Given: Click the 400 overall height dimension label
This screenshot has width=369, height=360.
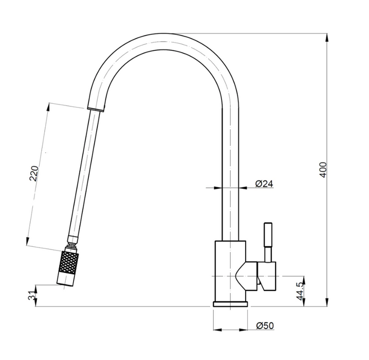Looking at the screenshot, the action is click(x=323, y=170).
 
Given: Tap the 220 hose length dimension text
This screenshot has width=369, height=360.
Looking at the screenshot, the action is click(x=33, y=173).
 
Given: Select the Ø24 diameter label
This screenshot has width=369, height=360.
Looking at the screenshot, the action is click(x=265, y=184).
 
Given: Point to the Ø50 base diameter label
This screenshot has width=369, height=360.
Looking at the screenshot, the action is click(x=265, y=326).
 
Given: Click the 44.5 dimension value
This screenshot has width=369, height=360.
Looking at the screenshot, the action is click(x=300, y=291).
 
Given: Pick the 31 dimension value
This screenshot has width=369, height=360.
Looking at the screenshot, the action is click(x=32, y=296).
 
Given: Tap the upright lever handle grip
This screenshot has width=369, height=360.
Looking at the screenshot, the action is click(x=268, y=235).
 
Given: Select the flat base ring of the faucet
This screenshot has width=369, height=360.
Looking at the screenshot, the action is click(x=230, y=304).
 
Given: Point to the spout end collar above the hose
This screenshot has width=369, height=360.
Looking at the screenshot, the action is click(x=96, y=109).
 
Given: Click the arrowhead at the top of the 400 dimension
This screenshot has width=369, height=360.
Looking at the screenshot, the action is click(x=327, y=38).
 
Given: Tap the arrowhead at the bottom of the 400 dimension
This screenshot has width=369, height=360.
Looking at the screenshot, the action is click(x=327, y=302).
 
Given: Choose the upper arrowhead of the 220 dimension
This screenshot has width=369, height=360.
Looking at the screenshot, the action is click(x=48, y=107).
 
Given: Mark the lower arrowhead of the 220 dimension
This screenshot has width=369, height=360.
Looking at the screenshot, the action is click(x=28, y=242).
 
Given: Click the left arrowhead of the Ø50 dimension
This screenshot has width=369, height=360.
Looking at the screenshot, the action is click(x=217, y=330).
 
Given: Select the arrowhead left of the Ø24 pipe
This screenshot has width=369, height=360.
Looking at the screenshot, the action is click(x=218, y=188).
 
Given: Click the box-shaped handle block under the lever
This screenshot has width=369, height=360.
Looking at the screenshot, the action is click(x=266, y=276).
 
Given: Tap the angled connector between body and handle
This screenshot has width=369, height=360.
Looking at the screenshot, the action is click(x=246, y=276).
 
